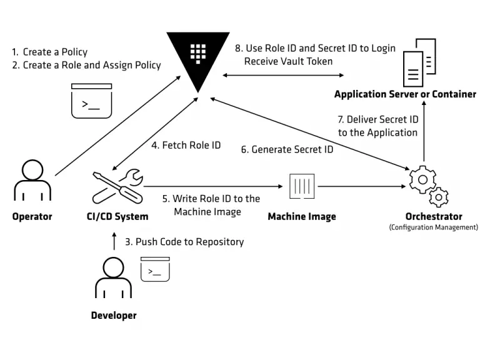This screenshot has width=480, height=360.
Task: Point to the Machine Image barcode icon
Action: coord(302,186)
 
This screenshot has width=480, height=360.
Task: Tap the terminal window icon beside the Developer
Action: coord(156,268)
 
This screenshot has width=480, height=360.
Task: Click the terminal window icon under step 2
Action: coord(91,101)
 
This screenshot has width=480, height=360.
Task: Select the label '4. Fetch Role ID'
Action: coord(186,145)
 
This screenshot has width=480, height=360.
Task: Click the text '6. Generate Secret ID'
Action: coord(287,150)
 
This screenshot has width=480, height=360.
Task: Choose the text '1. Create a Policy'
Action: coord(50,52)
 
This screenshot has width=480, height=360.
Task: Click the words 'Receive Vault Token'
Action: coord(288,61)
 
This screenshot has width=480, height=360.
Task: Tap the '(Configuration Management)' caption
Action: coord(433,227)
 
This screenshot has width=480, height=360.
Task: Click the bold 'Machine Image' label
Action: coord(302,216)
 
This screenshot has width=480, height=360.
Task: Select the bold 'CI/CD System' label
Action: coord(117,216)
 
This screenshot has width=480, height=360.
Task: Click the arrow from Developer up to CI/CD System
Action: coord(114,242)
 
